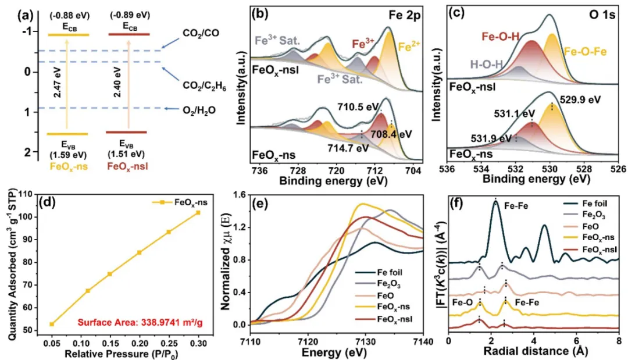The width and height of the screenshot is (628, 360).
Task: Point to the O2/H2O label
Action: pyautogui.click(x=201, y=108)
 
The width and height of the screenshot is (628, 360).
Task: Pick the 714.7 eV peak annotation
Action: pyautogui.click(x=350, y=148)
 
